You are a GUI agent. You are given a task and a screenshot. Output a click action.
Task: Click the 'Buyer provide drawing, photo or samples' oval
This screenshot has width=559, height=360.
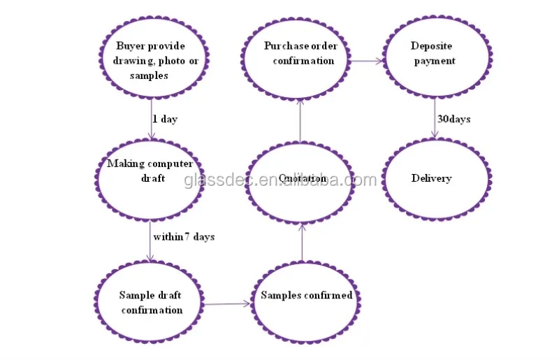[150, 62]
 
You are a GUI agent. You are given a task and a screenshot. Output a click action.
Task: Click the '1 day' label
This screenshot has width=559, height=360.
[165, 120]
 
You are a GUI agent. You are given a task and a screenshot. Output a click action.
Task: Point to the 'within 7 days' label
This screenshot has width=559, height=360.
[184, 237]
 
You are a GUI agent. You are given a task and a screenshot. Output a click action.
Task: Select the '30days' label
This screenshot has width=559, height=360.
[453, 119]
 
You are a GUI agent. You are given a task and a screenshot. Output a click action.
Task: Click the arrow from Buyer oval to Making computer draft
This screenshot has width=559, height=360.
[153, 119]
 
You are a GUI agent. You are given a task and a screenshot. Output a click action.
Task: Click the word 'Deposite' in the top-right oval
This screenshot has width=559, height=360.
[432, 46]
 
